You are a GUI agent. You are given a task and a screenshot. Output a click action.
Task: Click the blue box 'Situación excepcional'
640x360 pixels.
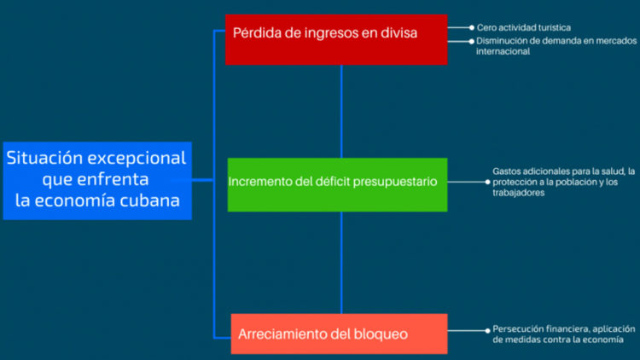click(x=96, y=180)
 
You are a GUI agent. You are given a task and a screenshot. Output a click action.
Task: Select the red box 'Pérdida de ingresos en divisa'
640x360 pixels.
click(x=335, y=39)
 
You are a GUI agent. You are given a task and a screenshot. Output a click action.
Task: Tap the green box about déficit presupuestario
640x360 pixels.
click(x=337, y=184)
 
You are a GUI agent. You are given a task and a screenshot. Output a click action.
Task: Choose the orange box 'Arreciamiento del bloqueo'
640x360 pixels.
click(x=339, y=334)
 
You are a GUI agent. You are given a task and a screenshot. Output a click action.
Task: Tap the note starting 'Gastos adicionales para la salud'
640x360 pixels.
click(x=563, y=182)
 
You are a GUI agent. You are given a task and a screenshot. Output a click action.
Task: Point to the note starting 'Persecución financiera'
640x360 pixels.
click(x=563, y=334)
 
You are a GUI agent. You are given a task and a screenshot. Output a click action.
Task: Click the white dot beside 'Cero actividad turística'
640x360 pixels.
click(x=471, y=27)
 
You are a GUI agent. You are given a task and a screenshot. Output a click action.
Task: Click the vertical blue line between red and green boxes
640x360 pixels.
click(x=341, y=111)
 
